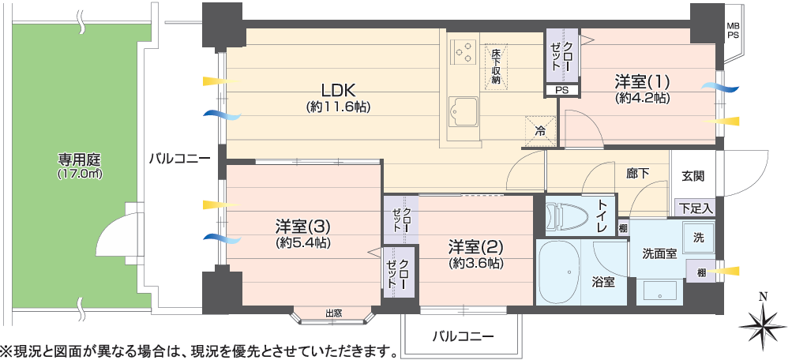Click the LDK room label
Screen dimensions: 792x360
pyautogui.click(x=339, y=91)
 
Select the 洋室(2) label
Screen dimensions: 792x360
pyautogui.click(x=475, y=247)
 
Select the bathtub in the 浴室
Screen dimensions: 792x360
pyautogui.click(x=558, y=272)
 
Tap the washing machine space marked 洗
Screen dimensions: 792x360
pyautogui.click(x=699, y=238)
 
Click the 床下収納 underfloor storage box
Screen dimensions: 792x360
pyautogui.click(x=496, y=66)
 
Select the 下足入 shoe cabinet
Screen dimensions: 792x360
pyautogui.click(x=695, y=208)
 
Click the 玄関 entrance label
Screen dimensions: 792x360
pyautogui.click(x=693, y=176)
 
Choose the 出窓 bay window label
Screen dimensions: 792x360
pyautogui.click(x=333, y=313)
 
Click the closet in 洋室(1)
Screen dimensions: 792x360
pyautogui.click(x=563, y=55)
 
